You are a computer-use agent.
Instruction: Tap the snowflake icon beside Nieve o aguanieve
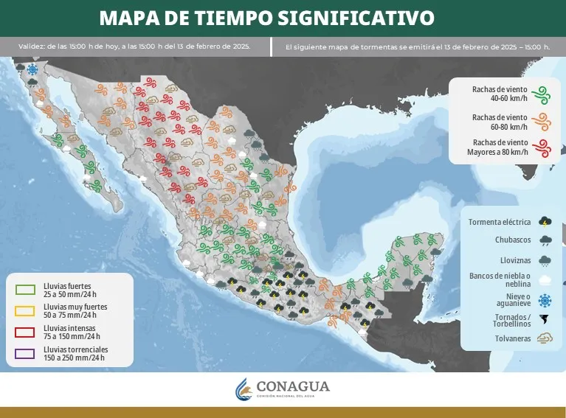coord(545,300)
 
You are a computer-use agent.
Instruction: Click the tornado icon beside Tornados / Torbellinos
coord(545,320)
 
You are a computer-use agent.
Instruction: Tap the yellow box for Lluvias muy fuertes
coord(25,310)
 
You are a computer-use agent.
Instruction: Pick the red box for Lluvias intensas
coord(25,331)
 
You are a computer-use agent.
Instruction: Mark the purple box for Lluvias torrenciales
coord(25,352)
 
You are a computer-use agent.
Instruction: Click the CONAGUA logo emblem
coord(244,388)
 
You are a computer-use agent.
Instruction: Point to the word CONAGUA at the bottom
coord(293,386)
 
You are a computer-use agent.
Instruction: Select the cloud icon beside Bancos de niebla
coord(545,280)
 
